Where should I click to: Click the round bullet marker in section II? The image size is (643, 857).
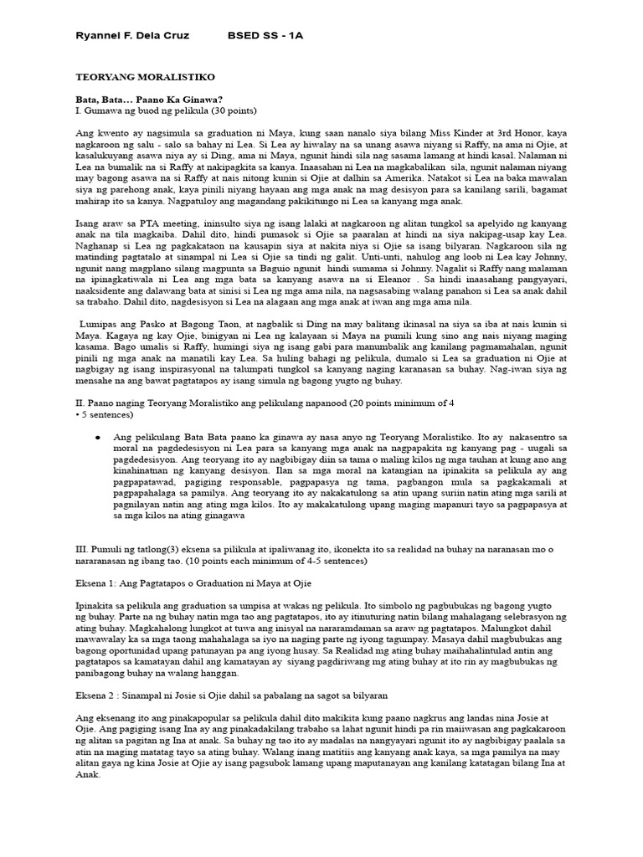(x=99, y=437)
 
